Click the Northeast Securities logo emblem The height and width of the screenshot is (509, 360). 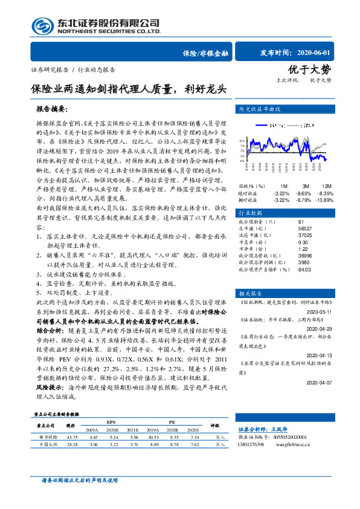pyautogui.click(x=42, y=26)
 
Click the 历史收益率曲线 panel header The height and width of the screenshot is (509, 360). pyautogui.click(x=260, y=110)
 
